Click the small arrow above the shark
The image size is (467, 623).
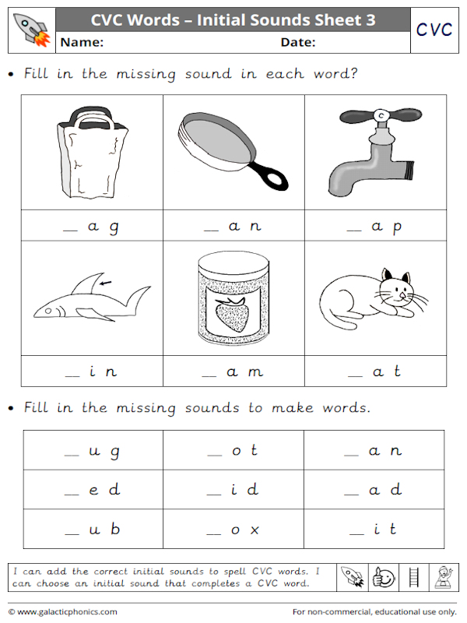click(104, 283)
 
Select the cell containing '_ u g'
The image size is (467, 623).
click(93, 451)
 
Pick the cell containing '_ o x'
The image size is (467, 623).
click(233, 530)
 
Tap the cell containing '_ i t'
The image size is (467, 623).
click(374, 530)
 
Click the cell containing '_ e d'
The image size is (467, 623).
click(93, 491)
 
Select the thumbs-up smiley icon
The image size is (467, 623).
click(384, 577)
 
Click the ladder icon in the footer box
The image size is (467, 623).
click(413, 577)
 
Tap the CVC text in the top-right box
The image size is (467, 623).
click(434, 30)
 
